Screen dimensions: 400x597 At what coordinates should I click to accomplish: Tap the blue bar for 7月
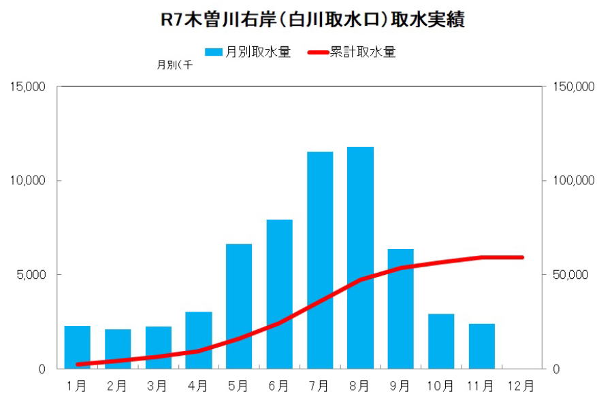coord(320,260)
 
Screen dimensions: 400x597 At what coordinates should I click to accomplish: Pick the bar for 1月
coord(77,347)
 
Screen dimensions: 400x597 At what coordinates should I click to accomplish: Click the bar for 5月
coord(239,306)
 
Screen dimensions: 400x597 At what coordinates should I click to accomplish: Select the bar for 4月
coord(199,340)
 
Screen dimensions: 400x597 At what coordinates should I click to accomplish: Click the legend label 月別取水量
coord(258,52)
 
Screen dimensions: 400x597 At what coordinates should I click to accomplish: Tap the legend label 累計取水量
coord(362,52)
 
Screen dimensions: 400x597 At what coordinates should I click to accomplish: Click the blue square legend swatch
coord(214,52)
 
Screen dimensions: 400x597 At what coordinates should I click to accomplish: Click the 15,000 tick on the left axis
coord(27,86)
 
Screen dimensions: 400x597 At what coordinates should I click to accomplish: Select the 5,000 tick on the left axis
coord(30,275)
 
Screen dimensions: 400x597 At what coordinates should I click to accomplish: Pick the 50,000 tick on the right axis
coord(566,275)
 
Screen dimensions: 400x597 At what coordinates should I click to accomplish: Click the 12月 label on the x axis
coord(521,386)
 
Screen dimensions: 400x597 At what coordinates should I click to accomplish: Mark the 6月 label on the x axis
coord(279,386)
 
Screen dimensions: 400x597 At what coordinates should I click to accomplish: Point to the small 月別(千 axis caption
coord(174,66)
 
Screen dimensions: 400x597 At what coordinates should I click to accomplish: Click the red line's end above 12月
coord(521,257)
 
